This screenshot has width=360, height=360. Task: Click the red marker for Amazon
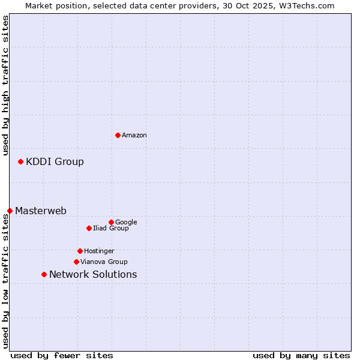[x=118, y=135]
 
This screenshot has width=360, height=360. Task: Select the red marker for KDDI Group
[x=20, y=161]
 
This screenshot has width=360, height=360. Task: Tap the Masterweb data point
[x=10, y=211]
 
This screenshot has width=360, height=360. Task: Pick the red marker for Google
[x=111, y=222]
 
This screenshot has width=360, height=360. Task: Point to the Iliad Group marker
[x=89, y=228]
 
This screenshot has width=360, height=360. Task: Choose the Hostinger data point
[x=80, y=251]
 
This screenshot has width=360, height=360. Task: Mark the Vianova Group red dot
[x=76, y=262]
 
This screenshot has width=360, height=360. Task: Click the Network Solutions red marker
[x=44, y=274]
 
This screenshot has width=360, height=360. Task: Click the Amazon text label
[x=134, y=136]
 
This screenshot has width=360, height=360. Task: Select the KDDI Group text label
[x=55, y=161]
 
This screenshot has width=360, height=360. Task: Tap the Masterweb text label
[x=41, y=211]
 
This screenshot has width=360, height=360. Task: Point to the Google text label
[x=126, y=223]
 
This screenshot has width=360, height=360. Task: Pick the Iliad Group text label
[x=111, y=229]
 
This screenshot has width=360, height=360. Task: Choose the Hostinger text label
[x=100, y=251]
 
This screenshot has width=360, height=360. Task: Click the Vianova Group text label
[x=104, y=262]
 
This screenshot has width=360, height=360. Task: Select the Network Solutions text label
[x=93, y=275]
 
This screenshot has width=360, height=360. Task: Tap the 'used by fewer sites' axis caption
[x=62, y=355]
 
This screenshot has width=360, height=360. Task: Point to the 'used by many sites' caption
[x=301, y=355]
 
